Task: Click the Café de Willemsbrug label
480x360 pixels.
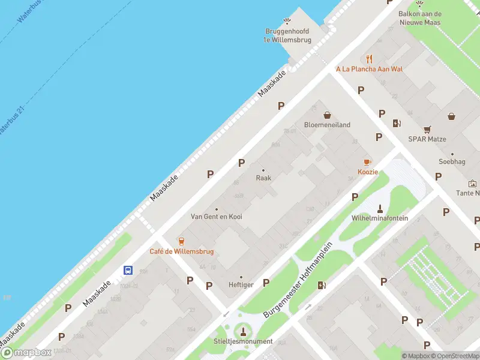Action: [x=182, y=251]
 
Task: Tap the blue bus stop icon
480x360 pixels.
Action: [x=128, y=270]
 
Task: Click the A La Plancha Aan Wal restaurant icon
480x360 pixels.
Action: [x=370, y=59]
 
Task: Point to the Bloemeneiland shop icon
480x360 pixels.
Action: [x=328, y=115]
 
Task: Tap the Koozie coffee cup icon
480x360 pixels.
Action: [x=368, y=162]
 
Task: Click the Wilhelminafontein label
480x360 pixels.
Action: [x=380, y=218]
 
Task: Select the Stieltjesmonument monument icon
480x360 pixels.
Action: [x=243, y=331]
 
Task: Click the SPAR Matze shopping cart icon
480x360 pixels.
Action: [x=427, y=129]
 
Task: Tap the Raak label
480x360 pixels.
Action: [x=263, y=178]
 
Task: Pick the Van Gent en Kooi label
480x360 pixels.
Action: [x=217, y=216]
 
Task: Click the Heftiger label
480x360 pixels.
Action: [x=241, y=284]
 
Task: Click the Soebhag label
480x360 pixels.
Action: [x=452, y=161]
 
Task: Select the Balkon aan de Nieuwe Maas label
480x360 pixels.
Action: [x=420, y=19]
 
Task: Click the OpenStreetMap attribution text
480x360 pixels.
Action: [x=456, y=356]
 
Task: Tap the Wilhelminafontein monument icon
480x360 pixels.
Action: [x=380, y=208]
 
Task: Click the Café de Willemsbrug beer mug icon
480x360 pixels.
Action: [x=181, y=241]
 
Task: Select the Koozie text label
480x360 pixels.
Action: [x=368, y=172]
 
